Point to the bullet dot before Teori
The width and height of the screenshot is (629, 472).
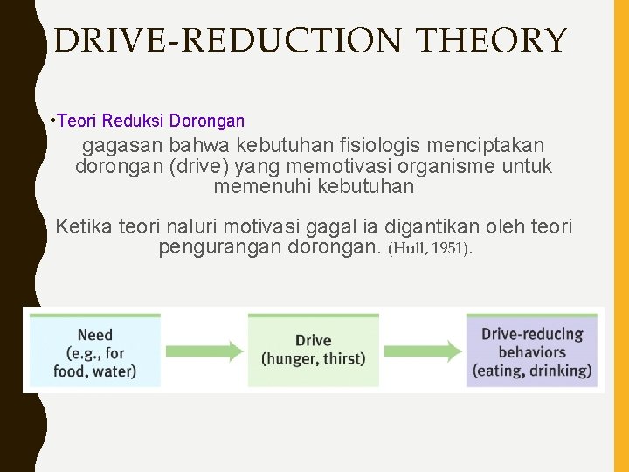(x=54, y=121)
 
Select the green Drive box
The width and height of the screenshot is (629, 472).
(x=313, y=350)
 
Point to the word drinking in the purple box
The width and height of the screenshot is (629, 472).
(x=561, y=371)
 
